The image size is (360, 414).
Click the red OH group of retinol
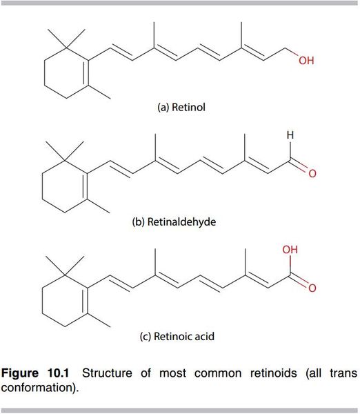click(x=306, y=61)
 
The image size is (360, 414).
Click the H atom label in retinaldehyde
click(x=290, y=135)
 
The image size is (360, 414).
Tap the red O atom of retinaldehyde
click(x=312, y=173)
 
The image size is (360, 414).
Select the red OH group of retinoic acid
click(x=290, y=250)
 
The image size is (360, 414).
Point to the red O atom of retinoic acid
click(x=312, y=288)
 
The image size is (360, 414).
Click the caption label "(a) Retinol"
click(x=181, y=108)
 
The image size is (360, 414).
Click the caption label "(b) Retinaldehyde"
click(x=174, y=221)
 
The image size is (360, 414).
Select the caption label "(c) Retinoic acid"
click(x=177, y=337)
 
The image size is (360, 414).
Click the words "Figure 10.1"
click(x=35, y=373)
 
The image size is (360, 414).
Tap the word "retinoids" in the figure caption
click(x=274, y=373)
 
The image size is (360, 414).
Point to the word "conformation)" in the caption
click(x=40, y=387)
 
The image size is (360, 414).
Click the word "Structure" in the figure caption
click(x=107, y=373)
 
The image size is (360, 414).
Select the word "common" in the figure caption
click(x=218, y=374)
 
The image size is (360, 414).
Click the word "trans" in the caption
click(x=343, y=373)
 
